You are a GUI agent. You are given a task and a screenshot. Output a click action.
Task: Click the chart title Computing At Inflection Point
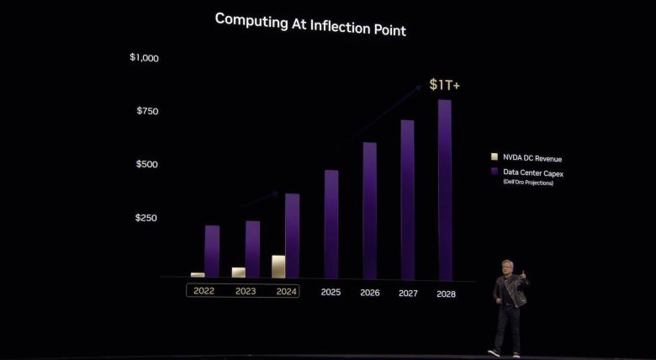click(x=310, y=24)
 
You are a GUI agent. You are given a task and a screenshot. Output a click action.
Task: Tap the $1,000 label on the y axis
click(x=144, y=58)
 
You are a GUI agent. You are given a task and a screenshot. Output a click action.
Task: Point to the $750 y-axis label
click(x=146, y=111)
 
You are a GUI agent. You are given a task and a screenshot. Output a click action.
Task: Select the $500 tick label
click(x=146, y=164)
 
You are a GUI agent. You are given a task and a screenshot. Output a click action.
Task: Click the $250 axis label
click(x=146, y=218)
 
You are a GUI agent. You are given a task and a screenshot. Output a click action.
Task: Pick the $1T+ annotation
click(x=444, y=85)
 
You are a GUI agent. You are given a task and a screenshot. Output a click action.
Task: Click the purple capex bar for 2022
click(x=212, y=251)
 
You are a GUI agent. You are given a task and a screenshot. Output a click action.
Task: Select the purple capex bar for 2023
click(x=252, y=249)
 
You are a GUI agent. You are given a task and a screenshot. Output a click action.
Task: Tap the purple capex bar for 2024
click(x=292, y=236)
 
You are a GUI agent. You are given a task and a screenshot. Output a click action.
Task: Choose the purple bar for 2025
click(x=331, y=224)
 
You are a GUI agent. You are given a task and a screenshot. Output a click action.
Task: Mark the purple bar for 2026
click(x=369, y=210)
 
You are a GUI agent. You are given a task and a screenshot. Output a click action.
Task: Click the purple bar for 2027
click(x=407, y=199)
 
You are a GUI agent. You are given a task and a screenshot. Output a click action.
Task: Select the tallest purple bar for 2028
click(x=445, y=189)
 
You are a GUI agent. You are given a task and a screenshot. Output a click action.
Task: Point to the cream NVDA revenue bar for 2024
click(x=278, y=267)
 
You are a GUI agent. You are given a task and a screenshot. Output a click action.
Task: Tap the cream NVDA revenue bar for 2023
click(x=239, y=273)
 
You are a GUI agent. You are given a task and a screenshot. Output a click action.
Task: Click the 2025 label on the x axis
click(x=331, y=293)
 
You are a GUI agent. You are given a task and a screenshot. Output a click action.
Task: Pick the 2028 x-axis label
click(x=446, y=294)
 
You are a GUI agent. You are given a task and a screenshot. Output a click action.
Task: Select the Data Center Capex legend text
click(x=533, y=172)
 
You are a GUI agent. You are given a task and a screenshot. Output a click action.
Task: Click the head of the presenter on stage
click(x=506, y=267)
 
